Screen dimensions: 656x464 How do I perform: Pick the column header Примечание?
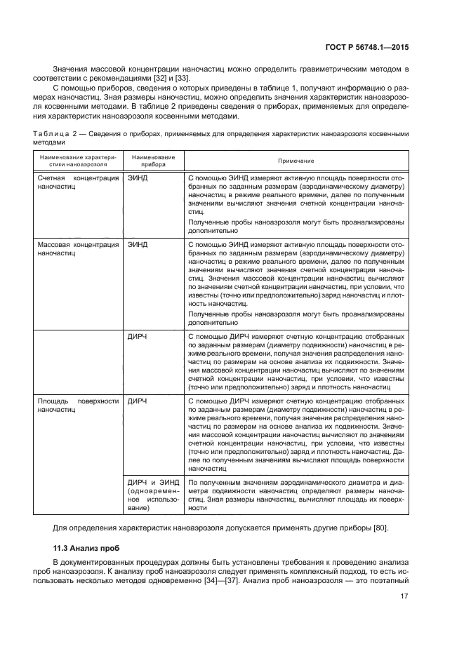point(296,161)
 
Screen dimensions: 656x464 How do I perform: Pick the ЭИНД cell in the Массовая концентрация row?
point(138,245)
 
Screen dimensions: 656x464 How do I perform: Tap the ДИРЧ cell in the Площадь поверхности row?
point(138,402)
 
